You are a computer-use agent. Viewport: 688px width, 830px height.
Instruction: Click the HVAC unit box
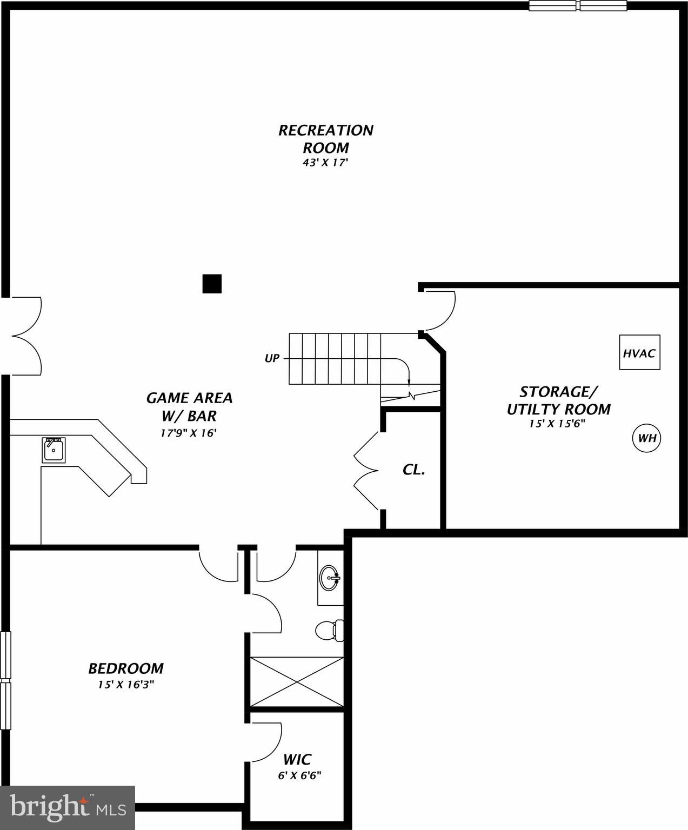[x=639, y=353]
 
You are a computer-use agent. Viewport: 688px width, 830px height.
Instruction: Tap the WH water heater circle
[x=647, y=438]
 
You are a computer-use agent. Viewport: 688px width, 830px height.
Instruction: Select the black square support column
[x=212, y=284]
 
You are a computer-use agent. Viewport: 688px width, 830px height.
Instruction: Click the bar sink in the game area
[x=54, y=450]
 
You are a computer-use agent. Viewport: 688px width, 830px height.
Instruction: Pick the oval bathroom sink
[x=329, y=578]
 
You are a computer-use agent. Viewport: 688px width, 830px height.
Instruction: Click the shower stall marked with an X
[x=297, y=681]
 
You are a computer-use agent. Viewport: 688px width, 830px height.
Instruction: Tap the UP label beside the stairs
[x=272, y=358]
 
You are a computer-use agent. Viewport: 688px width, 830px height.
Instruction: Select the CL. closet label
[x=413, y=470]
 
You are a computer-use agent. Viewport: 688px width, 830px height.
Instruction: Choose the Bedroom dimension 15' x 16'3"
[x=126, y=685]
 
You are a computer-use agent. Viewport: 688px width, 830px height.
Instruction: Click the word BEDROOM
[x=126, y=668]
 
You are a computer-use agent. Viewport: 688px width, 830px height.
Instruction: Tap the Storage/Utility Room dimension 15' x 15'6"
[x=558, y=424]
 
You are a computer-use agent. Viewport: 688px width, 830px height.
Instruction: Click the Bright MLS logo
[x=68, y=807]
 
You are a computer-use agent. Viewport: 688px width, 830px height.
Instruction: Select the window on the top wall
[x=578, y=6]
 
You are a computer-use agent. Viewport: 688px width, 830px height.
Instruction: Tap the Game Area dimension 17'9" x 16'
[x=189, y=432]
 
